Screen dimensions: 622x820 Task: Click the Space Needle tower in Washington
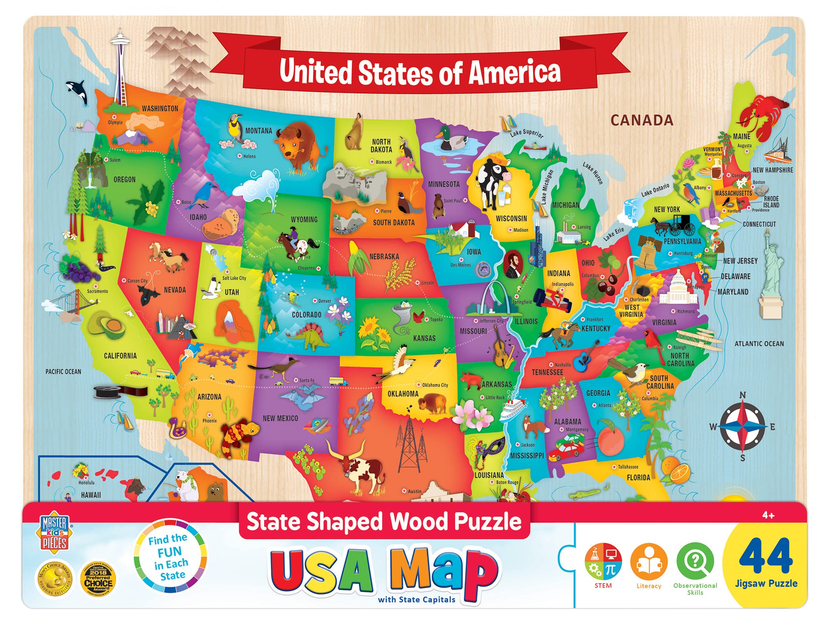[x=121, y=66]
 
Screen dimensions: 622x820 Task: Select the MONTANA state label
[x=258, y=131]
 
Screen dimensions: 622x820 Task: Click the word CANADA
[x=642, y=120]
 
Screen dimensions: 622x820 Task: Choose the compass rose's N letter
[x=743, y=395]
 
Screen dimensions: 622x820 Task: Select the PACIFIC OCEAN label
[x=63, y=372]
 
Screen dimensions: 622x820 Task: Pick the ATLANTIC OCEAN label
[x=759, y=344]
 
